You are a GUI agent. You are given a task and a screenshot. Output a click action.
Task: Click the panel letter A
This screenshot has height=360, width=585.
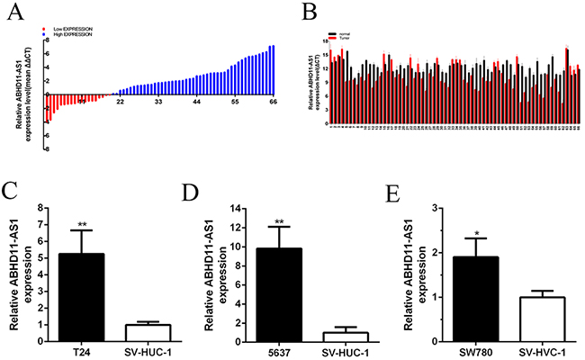coord(10,11)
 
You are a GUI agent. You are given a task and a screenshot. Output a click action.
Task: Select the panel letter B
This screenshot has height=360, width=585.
coord(310,12)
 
